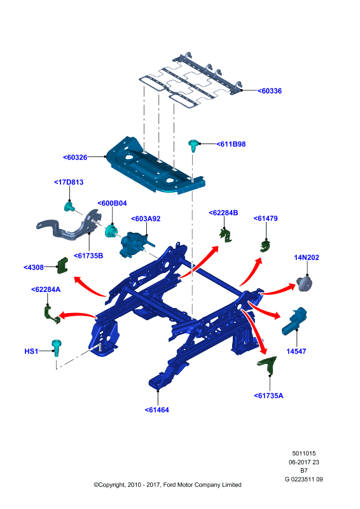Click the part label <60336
point(270,91)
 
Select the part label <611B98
point(231,144)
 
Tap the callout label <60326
point(75,157)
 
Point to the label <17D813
point(69,182)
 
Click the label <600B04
point(112,203)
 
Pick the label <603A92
point(146,219)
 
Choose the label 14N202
point(307,258)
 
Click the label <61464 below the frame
point(157,410)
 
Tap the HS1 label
point(31,351)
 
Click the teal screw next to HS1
point(57,347)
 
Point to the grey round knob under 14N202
point(304,284)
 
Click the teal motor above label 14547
point(294,321)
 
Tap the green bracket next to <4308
point(63,265)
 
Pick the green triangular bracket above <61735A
point(268,365)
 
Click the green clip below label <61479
point(265,246)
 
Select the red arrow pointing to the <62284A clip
point(77,315)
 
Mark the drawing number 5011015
point(304,454)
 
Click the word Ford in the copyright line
point(169,485)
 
